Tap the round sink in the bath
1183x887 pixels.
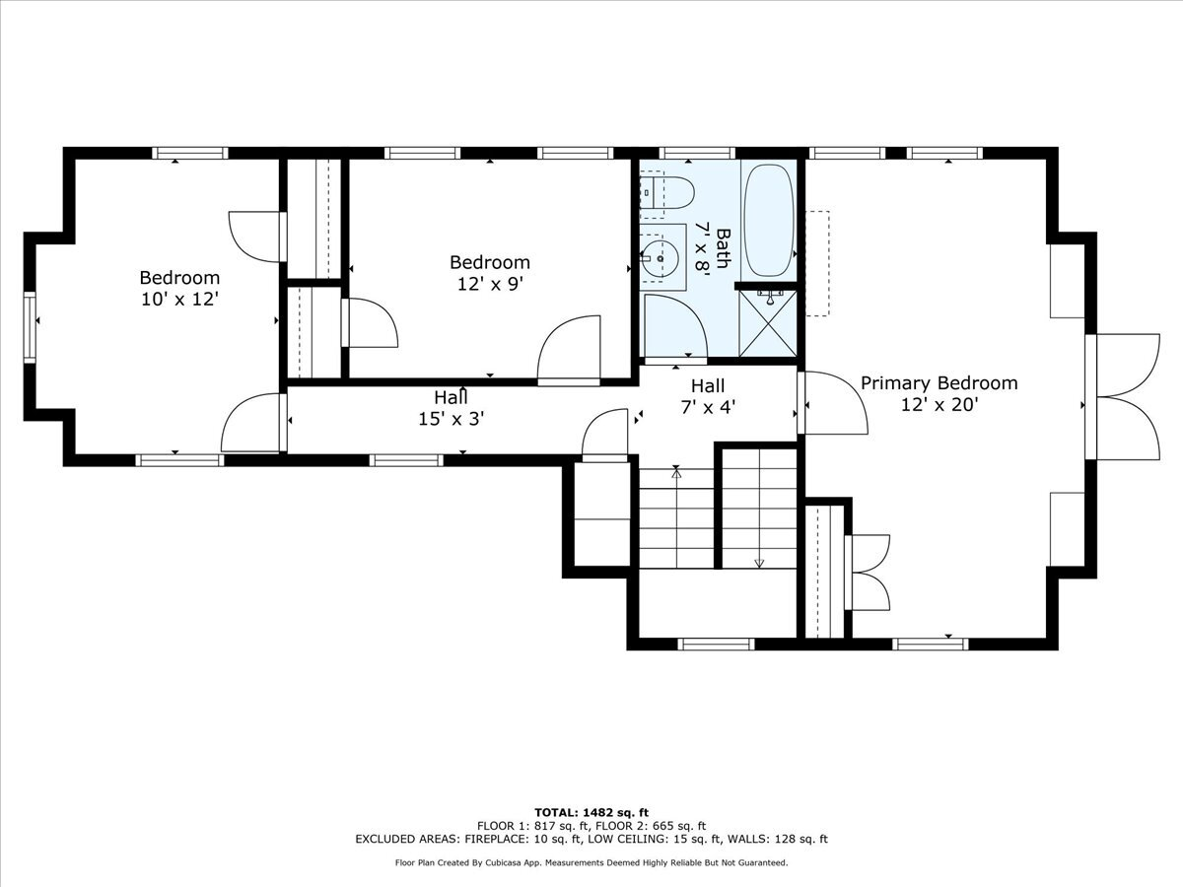(660, 259)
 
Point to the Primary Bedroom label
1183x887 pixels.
(939, 383)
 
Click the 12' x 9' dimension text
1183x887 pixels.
(489, 284)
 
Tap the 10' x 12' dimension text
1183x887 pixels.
(178, 299)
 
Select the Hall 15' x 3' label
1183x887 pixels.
(451, 407)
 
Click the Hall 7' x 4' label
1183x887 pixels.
(708, 395)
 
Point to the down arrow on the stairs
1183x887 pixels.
(759, 563)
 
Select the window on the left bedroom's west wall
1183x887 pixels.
(32, 326)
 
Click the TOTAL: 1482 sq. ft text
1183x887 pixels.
(591, 811)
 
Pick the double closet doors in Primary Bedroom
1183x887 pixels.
(867, 572)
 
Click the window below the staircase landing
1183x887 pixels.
(717, 645)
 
